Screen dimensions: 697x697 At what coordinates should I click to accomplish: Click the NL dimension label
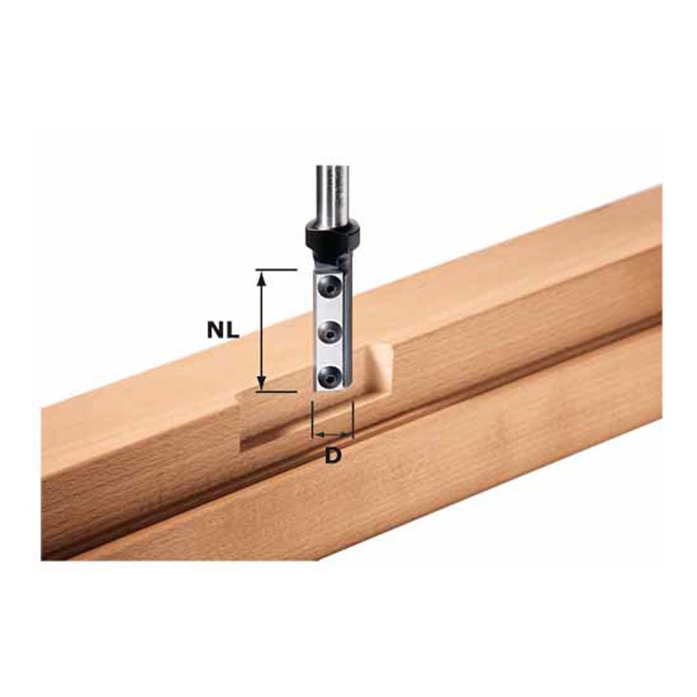pyautogui.click(x=222, y=330)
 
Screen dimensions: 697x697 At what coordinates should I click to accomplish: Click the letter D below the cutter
pyautogui.click(x=333, y=456)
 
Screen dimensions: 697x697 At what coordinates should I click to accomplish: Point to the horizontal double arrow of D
pyautogui.click(x=333, y=435)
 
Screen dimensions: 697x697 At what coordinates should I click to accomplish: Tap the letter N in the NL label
pyautogui.click(x=215, y=330)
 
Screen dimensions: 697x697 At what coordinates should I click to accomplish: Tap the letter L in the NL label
pyautogui.click(x=231, y=330)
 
